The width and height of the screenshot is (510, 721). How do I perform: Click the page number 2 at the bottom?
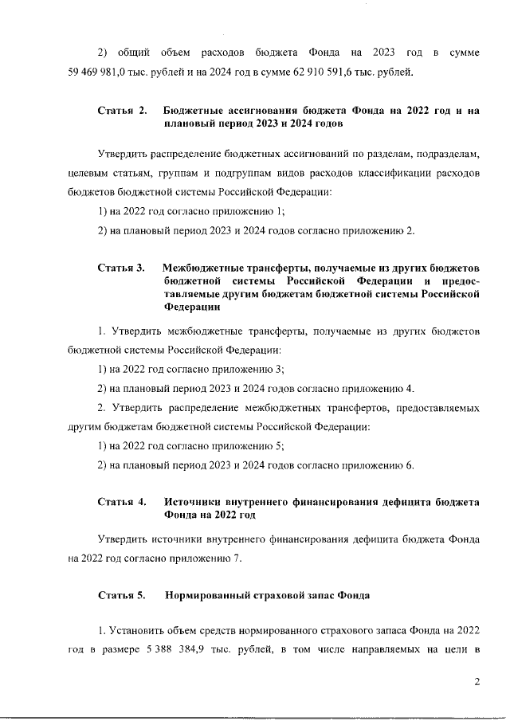point(477,681)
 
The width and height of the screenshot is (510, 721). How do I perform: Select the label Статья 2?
point(122,111)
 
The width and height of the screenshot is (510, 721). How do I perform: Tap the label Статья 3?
point(122,267)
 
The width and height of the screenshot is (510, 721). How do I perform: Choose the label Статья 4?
point(122,501)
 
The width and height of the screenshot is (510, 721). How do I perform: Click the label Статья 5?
point(122,595)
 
